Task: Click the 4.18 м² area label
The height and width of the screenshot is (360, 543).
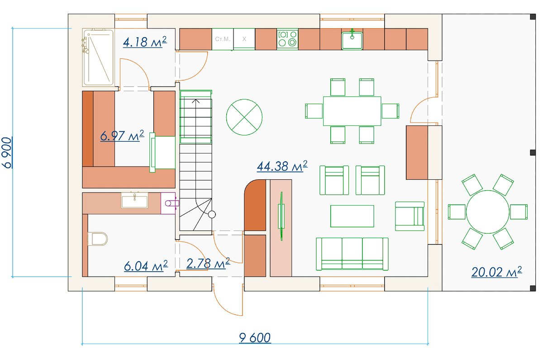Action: point(145,42)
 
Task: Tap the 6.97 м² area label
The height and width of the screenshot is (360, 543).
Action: point(122,135)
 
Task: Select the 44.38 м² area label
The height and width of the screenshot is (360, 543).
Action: point(282,166)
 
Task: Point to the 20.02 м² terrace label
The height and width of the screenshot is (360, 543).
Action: point(497,272)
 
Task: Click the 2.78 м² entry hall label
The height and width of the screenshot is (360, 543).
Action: point(208,264)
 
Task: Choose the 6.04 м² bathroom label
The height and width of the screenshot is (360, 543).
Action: point(146,266)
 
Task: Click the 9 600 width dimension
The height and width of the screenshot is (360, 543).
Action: point(255,338)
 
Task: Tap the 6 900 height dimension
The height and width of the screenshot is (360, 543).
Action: point(7,153)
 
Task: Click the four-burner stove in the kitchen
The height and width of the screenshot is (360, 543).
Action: point(287,39)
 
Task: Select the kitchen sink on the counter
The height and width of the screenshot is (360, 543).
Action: point(352,40)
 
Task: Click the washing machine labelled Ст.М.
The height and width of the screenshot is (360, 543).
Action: point(223,39)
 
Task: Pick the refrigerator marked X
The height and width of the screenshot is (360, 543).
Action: point(244,39)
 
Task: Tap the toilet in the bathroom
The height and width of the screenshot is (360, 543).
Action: point(97,239)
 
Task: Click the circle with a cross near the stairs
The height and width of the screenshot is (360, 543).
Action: point(244,117)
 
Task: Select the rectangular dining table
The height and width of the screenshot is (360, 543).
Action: point(352,111)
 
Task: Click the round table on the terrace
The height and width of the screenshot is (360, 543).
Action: point(488,212)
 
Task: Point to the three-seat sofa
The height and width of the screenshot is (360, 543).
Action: point(352,254)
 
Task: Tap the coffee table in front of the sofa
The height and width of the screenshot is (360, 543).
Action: point(352,216)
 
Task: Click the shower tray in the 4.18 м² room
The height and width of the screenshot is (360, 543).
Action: point(98,58)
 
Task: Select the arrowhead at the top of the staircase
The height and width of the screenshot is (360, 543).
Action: point(195,101)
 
